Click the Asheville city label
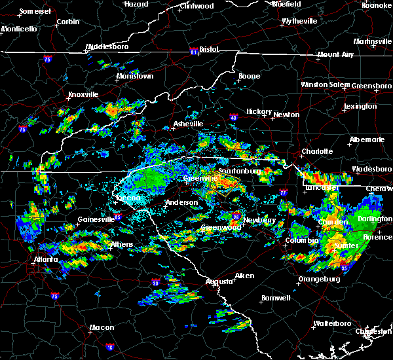pyautogui.click(x=188, y=124)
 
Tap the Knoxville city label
pyautogui.click(x=83, y=95)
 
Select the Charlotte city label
pyautogui.click(x=317, y=151)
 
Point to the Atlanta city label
pyautogui.click(x=44, y=259)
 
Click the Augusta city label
pyautogui.click(x=219, y=281)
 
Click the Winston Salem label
pyautogui.click(x=326, y=85)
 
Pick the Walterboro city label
pyautogui.click(x=333, y=323)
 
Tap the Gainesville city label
pyautogui.click(x=96, y=219)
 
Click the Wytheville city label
pyautogui.click(x=299, y=22)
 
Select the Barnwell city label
pyautogui.click(x=276, y=298)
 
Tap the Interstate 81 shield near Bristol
pyautogui.click(x=194, y=50)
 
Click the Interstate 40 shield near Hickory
pyautogui.click(x=233, y=118)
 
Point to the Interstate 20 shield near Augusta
pyautogui.click(x=155, y=283)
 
